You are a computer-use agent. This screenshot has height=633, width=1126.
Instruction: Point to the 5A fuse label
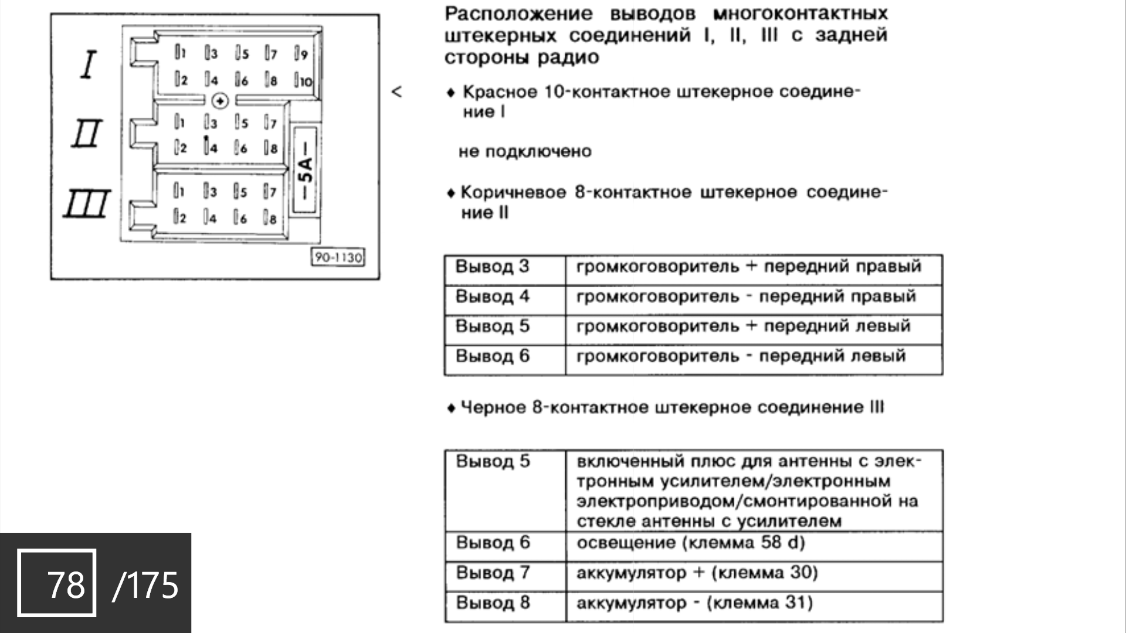point(306,170)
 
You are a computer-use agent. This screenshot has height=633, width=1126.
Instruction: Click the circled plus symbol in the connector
point(220,101)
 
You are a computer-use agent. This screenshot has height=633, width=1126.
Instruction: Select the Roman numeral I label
point(89,64)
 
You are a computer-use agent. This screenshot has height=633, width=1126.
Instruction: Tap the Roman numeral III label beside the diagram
point(87,204)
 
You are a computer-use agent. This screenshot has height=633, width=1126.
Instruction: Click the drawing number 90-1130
point(338,257)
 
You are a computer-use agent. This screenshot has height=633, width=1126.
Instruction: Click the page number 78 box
point(57,583)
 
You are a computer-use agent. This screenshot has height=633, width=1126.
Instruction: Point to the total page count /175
point(145,585)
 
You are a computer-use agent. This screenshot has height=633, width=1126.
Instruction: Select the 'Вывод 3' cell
point(493,267)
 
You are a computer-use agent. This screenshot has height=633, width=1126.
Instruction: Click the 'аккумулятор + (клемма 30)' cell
point(697,573)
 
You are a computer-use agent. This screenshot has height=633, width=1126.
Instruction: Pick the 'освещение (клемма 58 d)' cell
point(690,543)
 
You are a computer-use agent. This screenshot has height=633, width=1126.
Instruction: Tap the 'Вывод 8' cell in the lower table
point(493,603)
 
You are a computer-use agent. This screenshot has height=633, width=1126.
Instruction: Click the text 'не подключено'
point(525,152)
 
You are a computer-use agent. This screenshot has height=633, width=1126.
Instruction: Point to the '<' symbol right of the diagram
point(397,92)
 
